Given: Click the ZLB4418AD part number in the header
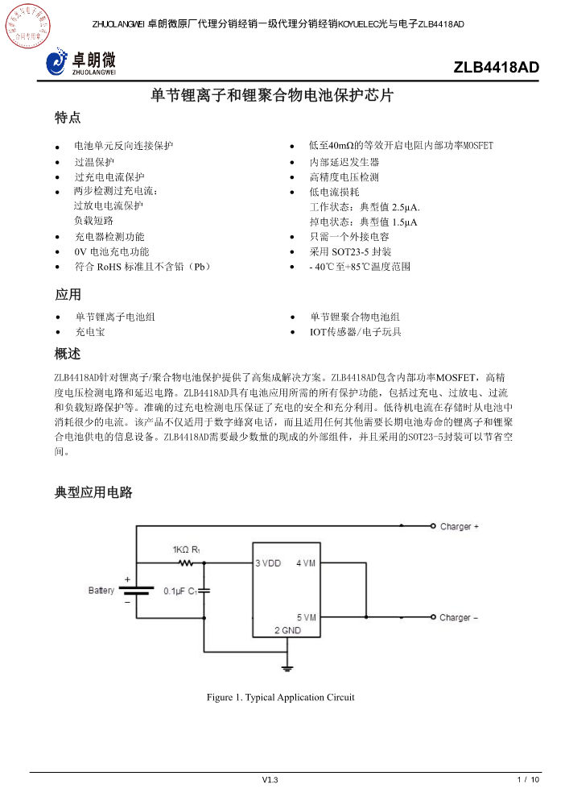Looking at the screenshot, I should click(x=496, y=68).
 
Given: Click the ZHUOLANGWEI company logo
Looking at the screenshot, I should click(x=81, y=61).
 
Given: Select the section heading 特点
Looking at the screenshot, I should click(x=68, y=118).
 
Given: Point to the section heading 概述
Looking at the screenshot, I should click(x=68, y=354).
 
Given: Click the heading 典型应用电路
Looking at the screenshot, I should click(x=93, y=492).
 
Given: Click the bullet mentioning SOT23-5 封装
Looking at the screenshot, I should click(x=350, y=251).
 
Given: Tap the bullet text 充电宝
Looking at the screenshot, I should click(x=89, y=331).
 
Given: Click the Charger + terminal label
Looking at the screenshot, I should click(x=459, y=527).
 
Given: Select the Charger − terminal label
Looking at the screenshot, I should click(x=459, y=618).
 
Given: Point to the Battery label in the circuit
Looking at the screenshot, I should click(x=101, y=591).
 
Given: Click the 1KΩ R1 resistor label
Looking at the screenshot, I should click(x=186, y=550).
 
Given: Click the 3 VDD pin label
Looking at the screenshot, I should click(x=268, y=562).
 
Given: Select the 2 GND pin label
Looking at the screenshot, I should click(x=287, y=630).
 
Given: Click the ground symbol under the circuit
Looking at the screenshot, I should click(x=286, y=667).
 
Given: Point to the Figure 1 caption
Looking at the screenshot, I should click(x=280, y=697).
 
